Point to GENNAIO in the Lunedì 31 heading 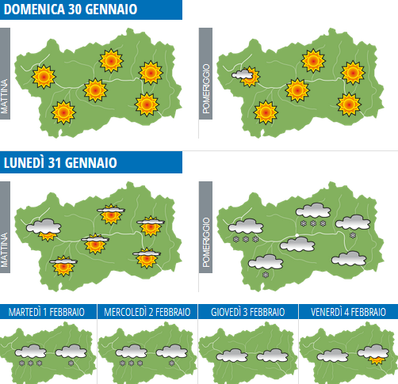point(98,163)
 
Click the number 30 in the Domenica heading point(82,10)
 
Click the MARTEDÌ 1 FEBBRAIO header point(48,313)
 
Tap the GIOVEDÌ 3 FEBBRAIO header point(248,313)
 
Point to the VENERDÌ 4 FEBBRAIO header point(348,313)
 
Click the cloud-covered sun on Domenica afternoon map point(247,75)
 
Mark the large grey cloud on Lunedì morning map point(44,228)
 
